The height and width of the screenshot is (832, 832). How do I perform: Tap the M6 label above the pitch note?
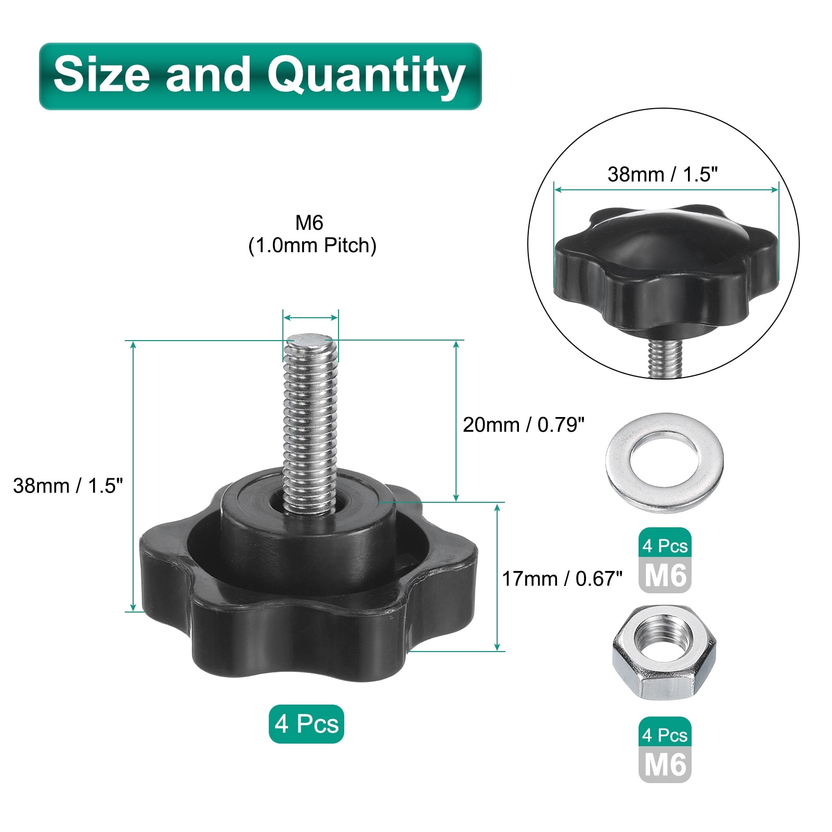point(309,223)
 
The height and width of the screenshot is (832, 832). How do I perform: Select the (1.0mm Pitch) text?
point(312,245)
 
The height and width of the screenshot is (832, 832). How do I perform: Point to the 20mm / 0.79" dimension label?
point(524,425)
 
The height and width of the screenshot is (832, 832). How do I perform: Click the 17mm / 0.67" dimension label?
point(562,579)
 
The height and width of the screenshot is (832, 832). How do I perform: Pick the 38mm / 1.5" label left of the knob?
point(68,486)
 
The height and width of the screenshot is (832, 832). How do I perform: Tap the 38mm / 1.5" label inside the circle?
point(662,174)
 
